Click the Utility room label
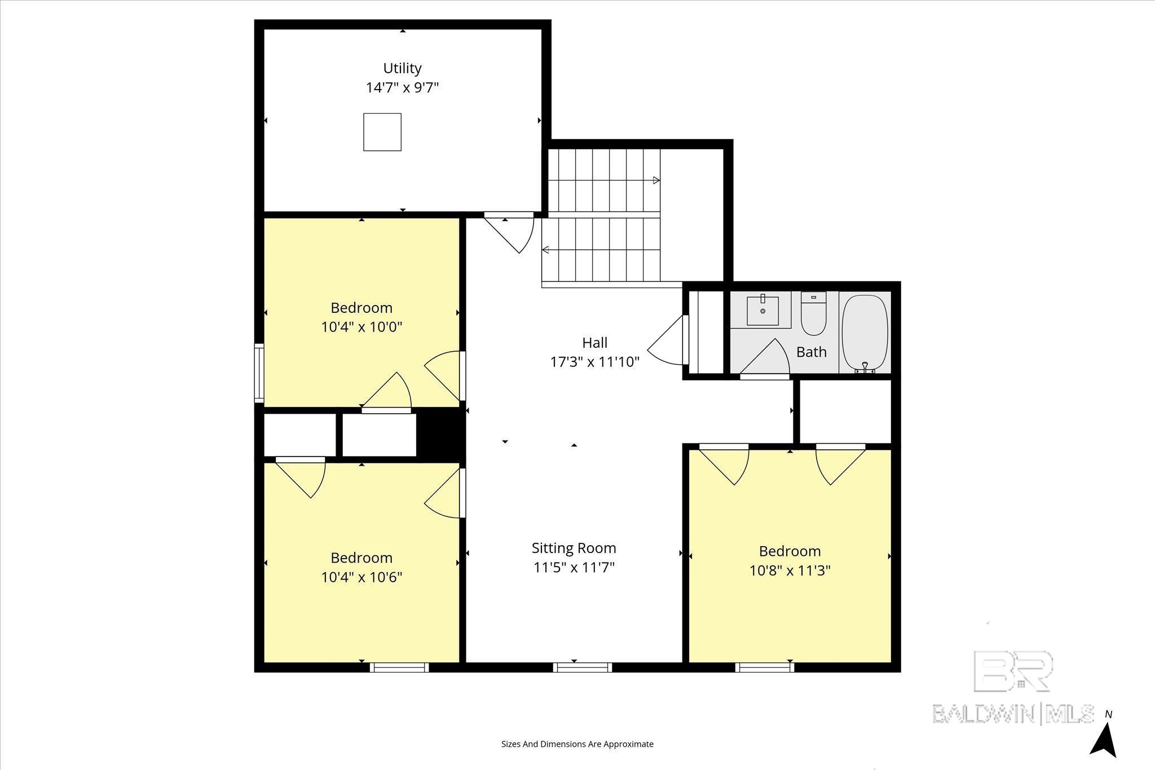point(402,68)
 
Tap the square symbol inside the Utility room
point(382,132)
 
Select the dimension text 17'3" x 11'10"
point(595,362)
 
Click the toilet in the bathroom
point(814,313)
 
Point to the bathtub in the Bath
point(865,333)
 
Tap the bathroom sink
point(762,311)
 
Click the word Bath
point(812,352)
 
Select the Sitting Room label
point(574,548)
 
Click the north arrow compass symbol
point(1103,749)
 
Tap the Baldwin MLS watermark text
point(1013,713)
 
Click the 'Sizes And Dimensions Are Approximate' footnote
point(577,744)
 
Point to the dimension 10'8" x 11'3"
point(790,570)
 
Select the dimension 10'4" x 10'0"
point(362,327)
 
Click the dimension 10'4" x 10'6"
point(362,577)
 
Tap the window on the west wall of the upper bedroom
point(259,373)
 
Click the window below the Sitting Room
point(583,667)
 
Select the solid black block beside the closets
point(440,435)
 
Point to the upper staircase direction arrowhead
point(656,180)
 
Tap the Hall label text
point(595,343)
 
